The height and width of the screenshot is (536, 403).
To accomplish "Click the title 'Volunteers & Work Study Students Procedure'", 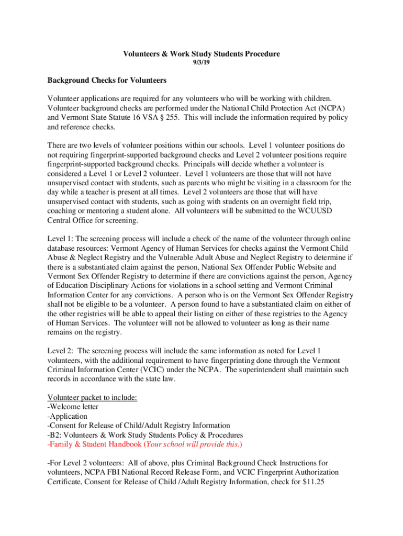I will tap(201, 54).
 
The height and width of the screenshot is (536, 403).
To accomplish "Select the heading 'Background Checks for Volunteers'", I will tap(107, 81).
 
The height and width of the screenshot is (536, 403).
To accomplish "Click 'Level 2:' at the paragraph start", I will tap(61, 350).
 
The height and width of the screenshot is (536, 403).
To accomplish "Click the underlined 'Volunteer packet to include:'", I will tap(92, 397).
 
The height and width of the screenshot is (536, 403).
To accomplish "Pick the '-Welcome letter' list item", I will tap(73, 407).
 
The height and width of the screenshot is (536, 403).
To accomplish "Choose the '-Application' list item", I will tap(68, 416).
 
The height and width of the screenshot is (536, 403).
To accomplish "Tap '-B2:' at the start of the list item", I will tap(54, 435).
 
